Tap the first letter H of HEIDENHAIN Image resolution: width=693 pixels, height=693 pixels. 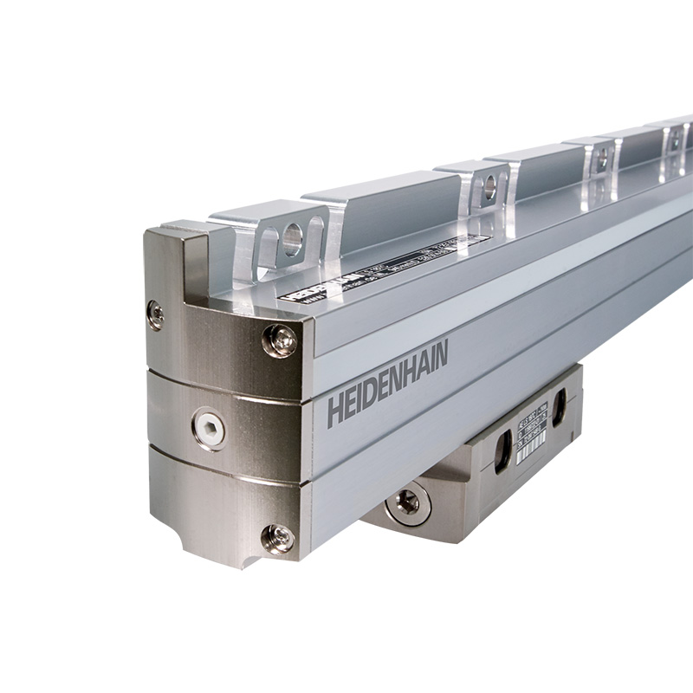[x=334, y=413]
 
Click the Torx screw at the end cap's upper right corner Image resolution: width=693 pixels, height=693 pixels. [x=279, y=340]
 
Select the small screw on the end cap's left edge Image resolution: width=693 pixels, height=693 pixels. [x=156, y=314]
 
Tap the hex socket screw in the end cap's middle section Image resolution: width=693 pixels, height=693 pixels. [x=209, y=428]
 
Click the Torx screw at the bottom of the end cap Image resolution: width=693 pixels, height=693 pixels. [x=277, y=538]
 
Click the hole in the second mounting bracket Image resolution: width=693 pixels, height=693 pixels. [x=489, y=185]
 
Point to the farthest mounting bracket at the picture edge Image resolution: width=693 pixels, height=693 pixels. [x=676, y=139]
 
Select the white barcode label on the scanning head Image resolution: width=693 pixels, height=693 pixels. [x=530, y=436]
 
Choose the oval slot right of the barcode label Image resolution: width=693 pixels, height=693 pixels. [x=559, y=407]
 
